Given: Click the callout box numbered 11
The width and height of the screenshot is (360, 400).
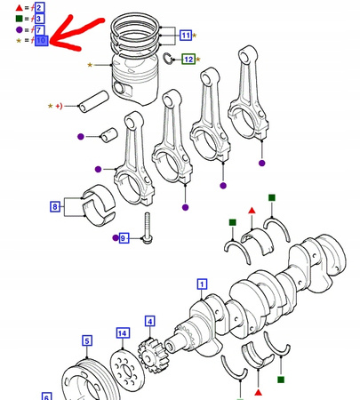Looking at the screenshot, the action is pos(186,36).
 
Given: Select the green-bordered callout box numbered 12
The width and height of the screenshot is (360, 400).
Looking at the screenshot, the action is pos(188,60).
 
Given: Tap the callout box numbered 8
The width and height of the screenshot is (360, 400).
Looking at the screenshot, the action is pos(55,206).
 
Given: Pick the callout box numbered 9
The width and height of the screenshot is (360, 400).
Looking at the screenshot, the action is pos(124,238).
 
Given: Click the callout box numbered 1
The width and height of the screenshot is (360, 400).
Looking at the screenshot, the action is pos(202,284).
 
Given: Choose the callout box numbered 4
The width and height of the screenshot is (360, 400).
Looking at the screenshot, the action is pos(150,322).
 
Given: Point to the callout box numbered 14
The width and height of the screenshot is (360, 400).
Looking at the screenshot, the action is pos(123,333).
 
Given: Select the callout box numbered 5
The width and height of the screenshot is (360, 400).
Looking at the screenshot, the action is pos(87,340).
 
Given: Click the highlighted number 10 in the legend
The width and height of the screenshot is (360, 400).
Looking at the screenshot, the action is pos(42,40).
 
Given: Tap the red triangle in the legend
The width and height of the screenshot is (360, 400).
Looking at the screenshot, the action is pos(20,7).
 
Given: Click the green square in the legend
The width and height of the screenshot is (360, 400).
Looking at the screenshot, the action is pos(19,19).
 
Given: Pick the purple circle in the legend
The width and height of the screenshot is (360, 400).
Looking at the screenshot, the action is pos(20,29).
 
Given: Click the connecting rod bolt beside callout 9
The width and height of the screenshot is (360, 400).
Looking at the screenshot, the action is pos(148,228).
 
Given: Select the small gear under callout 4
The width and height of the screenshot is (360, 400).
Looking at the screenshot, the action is pos(150,356).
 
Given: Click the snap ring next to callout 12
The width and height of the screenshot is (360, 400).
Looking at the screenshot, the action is pos(168,58).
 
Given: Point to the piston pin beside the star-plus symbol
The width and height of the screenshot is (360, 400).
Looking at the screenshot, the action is pos(93,101).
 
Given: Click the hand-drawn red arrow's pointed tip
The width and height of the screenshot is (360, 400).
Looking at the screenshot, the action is pos(51,42).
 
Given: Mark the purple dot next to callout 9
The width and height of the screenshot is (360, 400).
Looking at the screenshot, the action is pos(116,238).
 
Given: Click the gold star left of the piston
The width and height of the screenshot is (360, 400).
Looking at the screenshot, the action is pos(90,65).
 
